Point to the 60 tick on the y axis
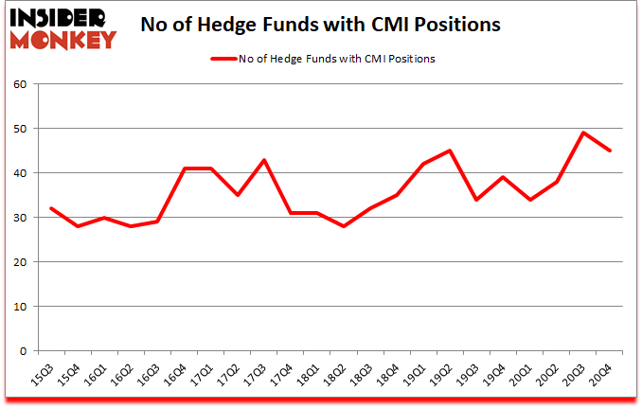(x=21, y=83)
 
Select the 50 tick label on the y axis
(x=21, y=128)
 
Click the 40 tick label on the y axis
(x=21, y=172)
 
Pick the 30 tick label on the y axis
(x=21, y=217)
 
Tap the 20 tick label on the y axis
(x=21, y=261)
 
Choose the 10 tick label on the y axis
(x=21, y=306)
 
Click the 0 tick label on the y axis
(x=24, y=350)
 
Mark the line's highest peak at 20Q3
(x=584, y=133)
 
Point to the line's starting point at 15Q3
(x=51, y=208)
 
